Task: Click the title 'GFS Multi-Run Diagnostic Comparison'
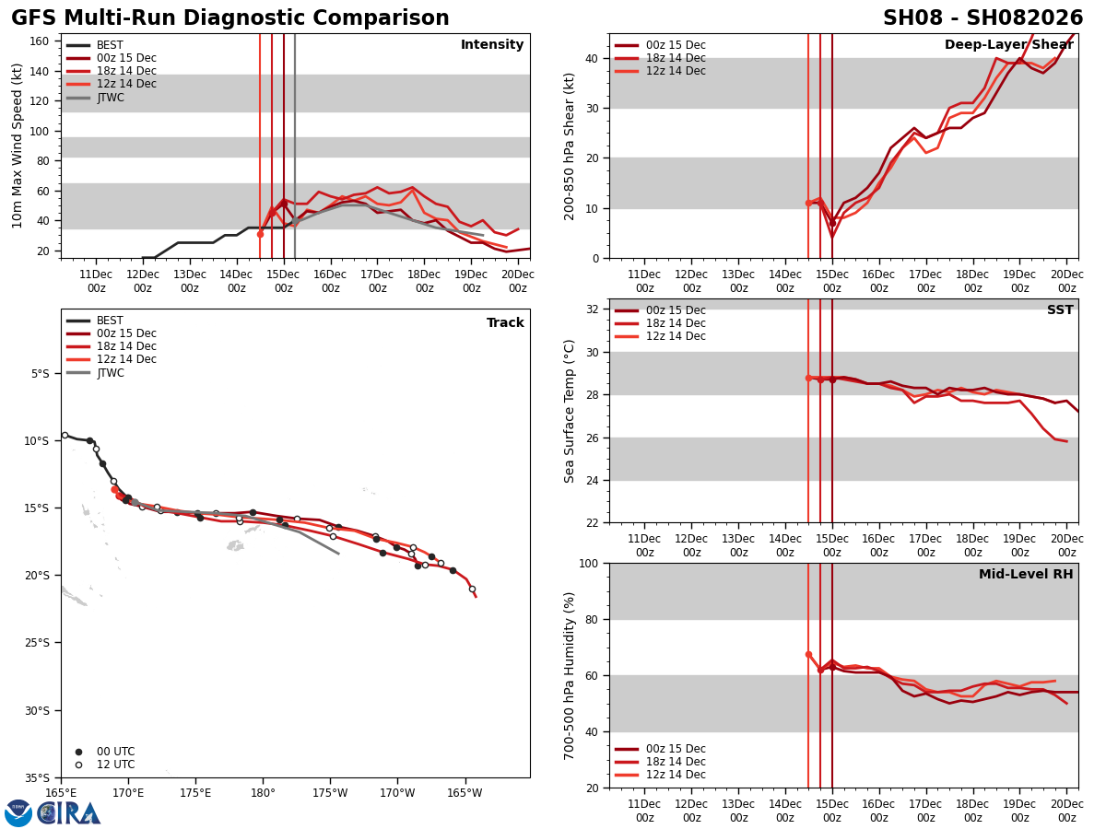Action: pyautogui.click(x=230, y=18)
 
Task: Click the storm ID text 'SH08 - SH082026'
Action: pyautogui.click(x=982, y=18)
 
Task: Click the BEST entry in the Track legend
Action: pyautogui.click(x=110, y=321)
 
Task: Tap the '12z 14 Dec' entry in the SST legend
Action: pyautogui.click(x=677, y=336)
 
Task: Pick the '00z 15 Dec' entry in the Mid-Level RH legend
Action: pyautogui.click(x=677, y=749)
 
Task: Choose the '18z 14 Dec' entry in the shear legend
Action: pyautogui.click(x=677, y=58)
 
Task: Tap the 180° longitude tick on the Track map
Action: pyautogui.click(x=263, y=792)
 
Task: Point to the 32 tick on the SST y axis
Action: pyautogui.click(x=594, y=309)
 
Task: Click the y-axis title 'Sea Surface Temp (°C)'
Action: pyautogui.click(x=571, y=411)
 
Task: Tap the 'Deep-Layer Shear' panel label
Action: pyautogui.click(x=1008, y=45)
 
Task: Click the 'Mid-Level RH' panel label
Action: pyautogui.click(x=1026, y=575)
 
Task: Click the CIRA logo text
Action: pyautogui.click(x=69, y=813)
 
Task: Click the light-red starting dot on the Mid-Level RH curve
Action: pyautogui.click(x=808, y=654)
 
